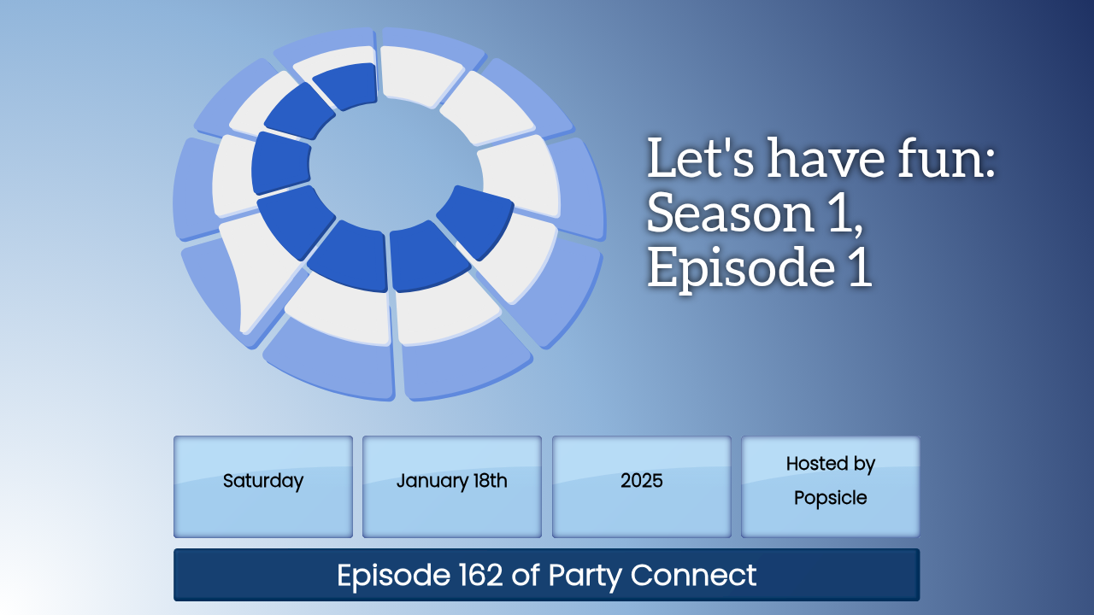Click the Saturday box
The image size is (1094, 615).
point(262,487)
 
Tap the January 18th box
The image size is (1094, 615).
point(452,487)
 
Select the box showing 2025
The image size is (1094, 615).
point(641,487)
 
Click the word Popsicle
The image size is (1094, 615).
point(830,498)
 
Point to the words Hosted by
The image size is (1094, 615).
point(830,464)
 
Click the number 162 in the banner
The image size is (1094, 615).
point(480,575)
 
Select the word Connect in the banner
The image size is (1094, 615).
point(693,575)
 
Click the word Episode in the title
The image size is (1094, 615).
point(741,269)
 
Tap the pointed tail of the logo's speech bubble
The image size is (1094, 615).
point(243,328)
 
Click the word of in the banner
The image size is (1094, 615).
point(526,575)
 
